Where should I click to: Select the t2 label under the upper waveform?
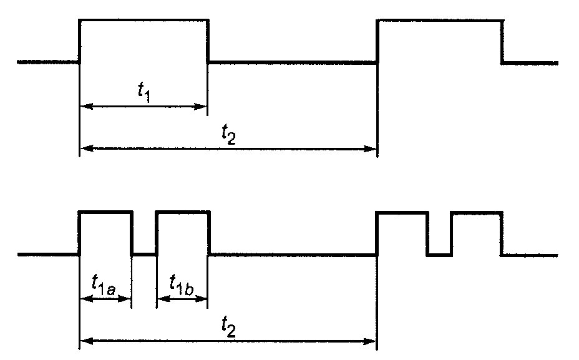(229, 134)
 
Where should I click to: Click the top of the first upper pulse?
(144, 21)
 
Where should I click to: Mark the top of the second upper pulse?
(440, 21)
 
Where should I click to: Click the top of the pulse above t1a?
(105, 213)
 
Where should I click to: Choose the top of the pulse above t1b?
(182, 213)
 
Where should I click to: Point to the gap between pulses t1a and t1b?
(144, 254)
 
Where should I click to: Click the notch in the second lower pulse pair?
(440, 254)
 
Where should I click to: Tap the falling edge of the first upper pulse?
(208, 41)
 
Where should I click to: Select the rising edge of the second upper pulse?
(378, 41)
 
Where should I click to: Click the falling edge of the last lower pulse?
(502, 233)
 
